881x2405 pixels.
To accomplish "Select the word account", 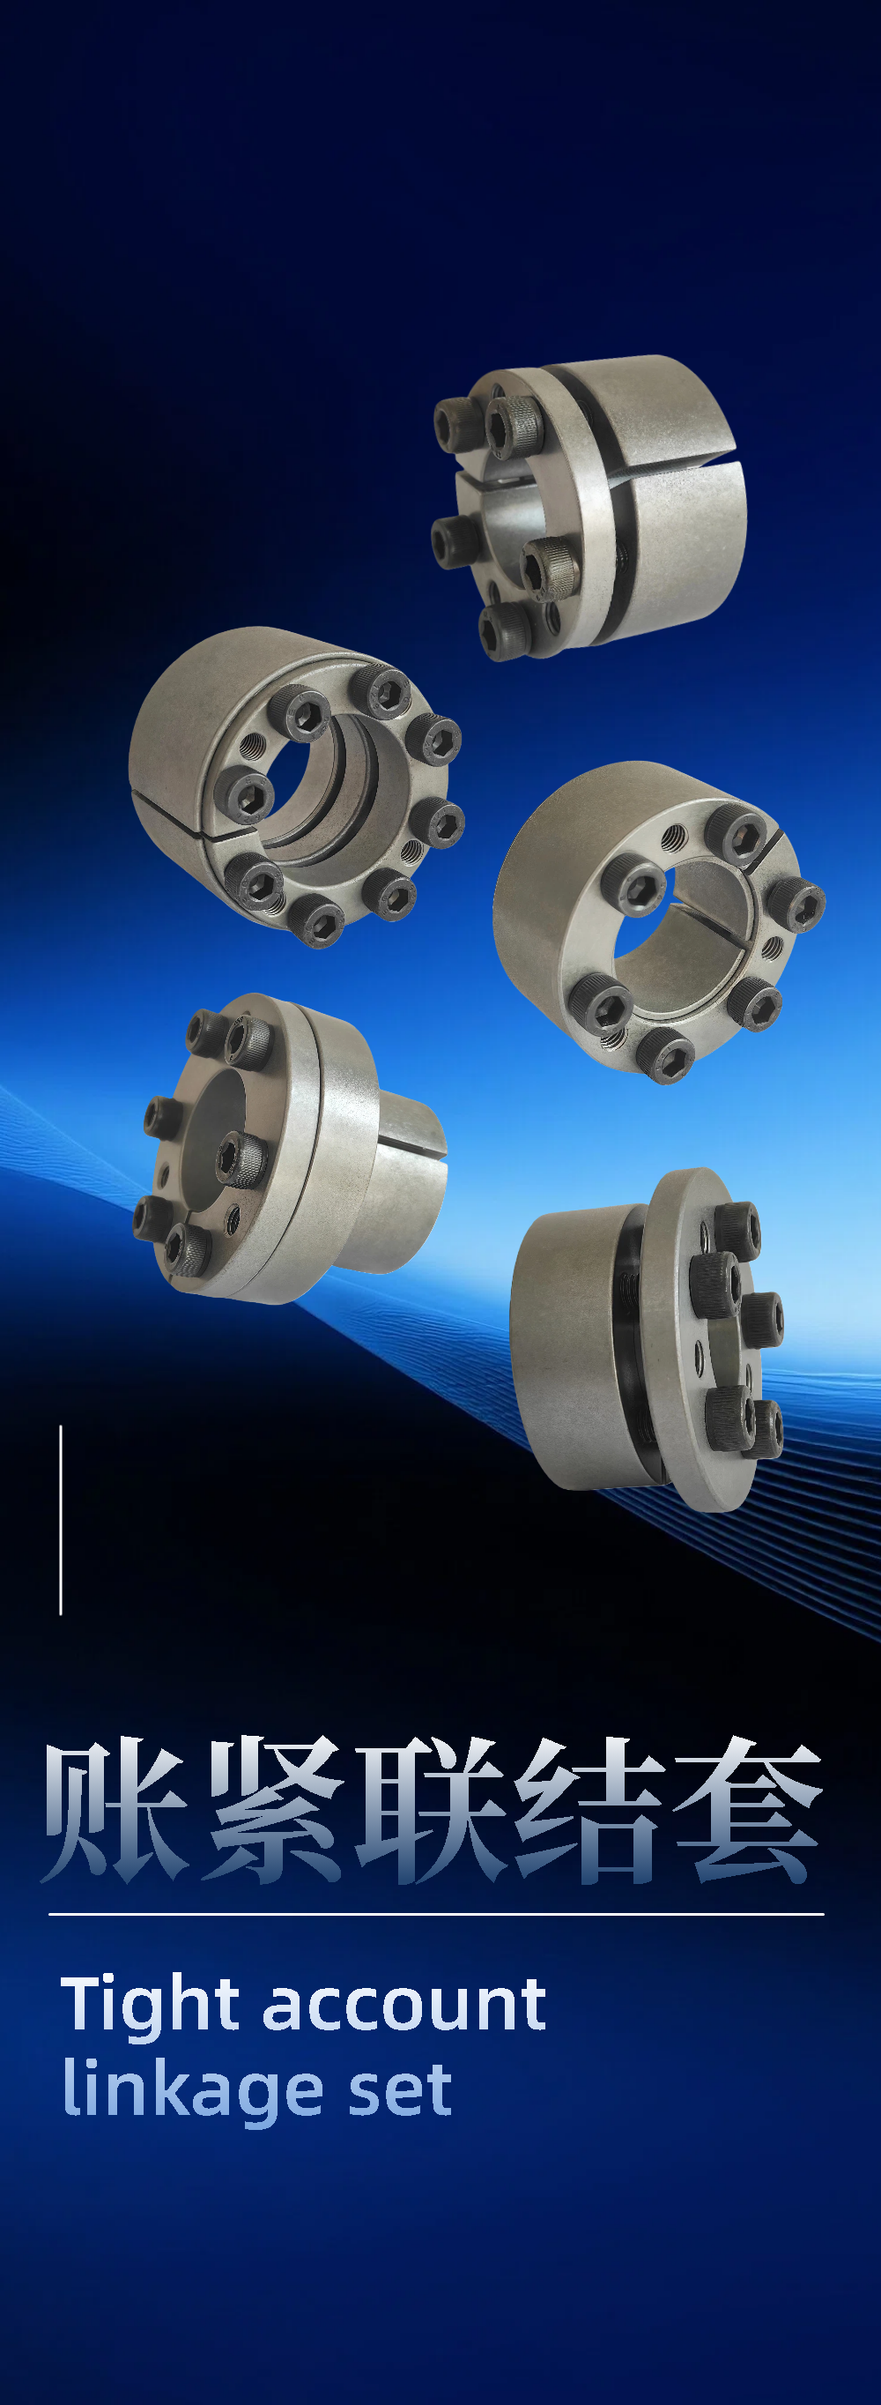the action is [x=405, y=2007].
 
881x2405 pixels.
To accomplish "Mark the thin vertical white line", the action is [x=61, y=1520].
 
